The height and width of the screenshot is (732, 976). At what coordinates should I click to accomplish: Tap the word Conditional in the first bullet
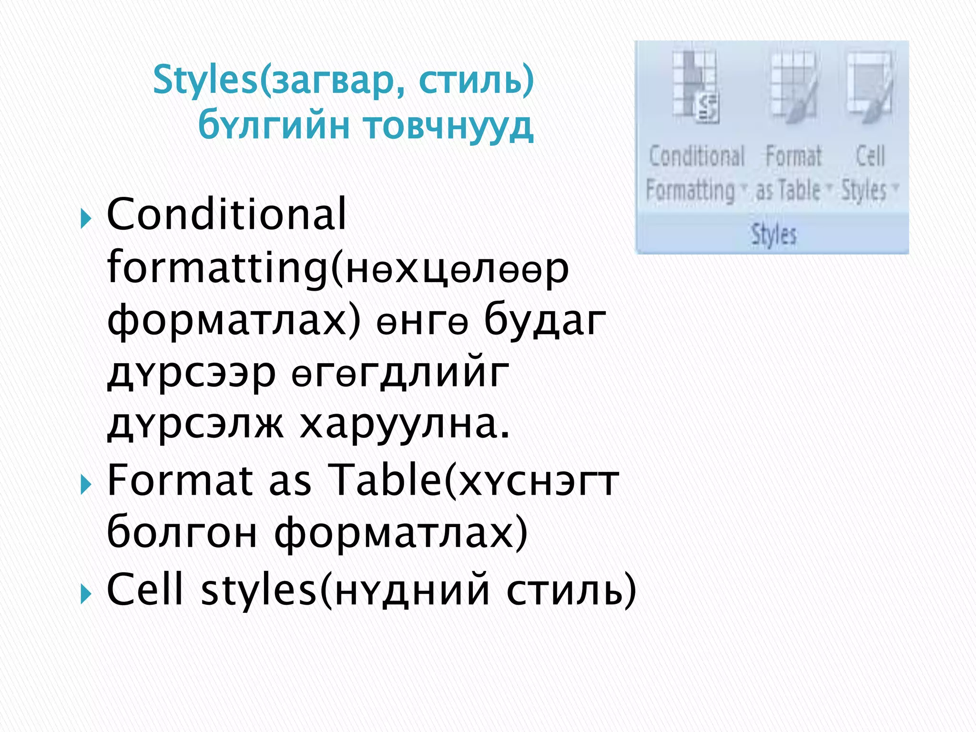[226, 214]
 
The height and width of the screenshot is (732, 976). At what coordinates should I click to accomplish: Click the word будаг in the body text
[545, 320]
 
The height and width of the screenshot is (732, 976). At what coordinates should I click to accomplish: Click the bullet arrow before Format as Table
[86, 486]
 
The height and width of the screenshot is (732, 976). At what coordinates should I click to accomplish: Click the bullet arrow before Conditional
[86, 220]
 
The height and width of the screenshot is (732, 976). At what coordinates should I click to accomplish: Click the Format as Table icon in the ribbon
[793, 88]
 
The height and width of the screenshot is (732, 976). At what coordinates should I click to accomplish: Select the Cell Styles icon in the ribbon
[869, 88]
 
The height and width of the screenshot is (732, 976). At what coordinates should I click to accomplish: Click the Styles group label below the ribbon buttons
[773, 234]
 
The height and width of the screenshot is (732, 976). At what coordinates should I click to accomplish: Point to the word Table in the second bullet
[386, 480]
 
